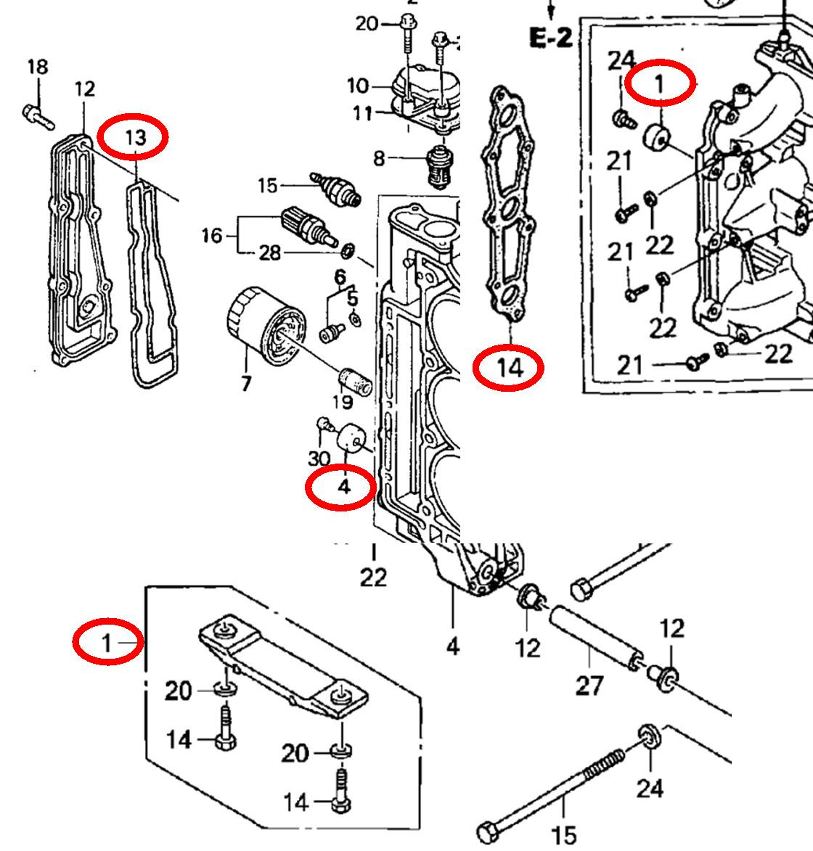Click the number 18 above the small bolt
point(38,67)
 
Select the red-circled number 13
point(136,137)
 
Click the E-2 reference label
point(550,38)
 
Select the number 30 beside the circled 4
point(319,458)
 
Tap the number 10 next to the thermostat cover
point(358,86)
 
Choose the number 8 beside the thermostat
point(378,158)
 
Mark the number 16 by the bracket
point(212,236)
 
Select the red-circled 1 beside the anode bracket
point(107,642)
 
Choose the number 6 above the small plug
point(339,276)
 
